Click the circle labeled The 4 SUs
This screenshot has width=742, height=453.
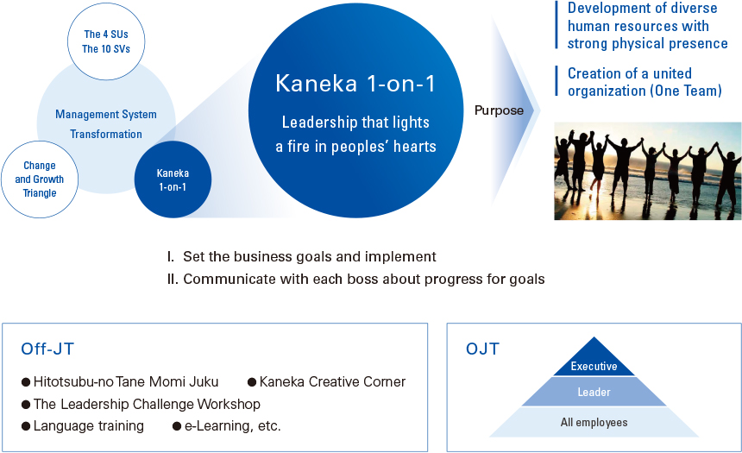point(106,41)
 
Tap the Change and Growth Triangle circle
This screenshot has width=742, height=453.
point(40,179)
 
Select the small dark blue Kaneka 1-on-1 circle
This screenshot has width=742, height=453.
point(173,179)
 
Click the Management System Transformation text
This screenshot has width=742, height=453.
point(106,124)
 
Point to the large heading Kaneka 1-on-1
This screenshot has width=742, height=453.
point(355,84)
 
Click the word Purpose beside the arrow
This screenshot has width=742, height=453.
point(499,110)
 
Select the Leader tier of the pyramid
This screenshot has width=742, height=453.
point(594,392)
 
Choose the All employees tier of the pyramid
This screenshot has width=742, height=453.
point(594,422)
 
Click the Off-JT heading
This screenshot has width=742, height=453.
point(47,349)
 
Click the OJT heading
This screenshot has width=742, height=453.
point(482,349)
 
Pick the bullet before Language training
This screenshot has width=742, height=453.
point(26,426)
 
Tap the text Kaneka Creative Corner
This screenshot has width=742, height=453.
point(332,381)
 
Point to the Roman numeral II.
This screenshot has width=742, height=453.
point(173,279)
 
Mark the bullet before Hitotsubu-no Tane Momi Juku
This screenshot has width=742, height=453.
point(26,382)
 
